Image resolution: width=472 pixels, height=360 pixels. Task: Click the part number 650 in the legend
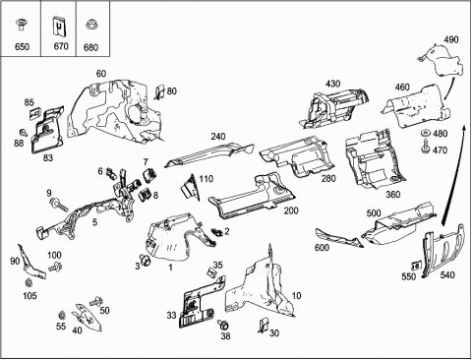click(22, 47)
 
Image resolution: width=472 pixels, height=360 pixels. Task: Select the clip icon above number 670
click(59, 27)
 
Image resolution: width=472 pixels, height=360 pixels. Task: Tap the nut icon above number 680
click(90, 25)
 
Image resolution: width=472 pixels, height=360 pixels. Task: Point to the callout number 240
click(218, 136)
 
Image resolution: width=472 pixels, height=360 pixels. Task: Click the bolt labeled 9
click(58, 205)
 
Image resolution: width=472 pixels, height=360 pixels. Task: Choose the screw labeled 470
click(426, 147)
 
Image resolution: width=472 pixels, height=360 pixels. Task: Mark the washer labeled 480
click(426, 134)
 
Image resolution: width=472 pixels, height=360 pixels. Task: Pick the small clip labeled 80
click(159, 92)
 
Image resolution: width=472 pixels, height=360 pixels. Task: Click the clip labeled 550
click(416, 265)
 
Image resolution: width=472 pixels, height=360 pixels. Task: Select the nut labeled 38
click(224, 326)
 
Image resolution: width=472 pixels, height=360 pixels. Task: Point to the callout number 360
click(392, 195)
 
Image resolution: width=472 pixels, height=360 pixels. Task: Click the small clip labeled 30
click(264, 326)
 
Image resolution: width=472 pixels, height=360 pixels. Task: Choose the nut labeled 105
click(29, 282)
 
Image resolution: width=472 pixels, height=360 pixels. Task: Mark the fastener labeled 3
click(145, 260)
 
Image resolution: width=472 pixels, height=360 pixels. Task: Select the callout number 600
click(322, 247)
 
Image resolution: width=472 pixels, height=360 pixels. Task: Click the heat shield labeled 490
click(442, 61)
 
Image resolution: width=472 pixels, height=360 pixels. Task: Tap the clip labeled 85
click(33, 114)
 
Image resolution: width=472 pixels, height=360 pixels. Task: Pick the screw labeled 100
click(55, 267)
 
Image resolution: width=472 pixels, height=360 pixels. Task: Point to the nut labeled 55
click(61, 316)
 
